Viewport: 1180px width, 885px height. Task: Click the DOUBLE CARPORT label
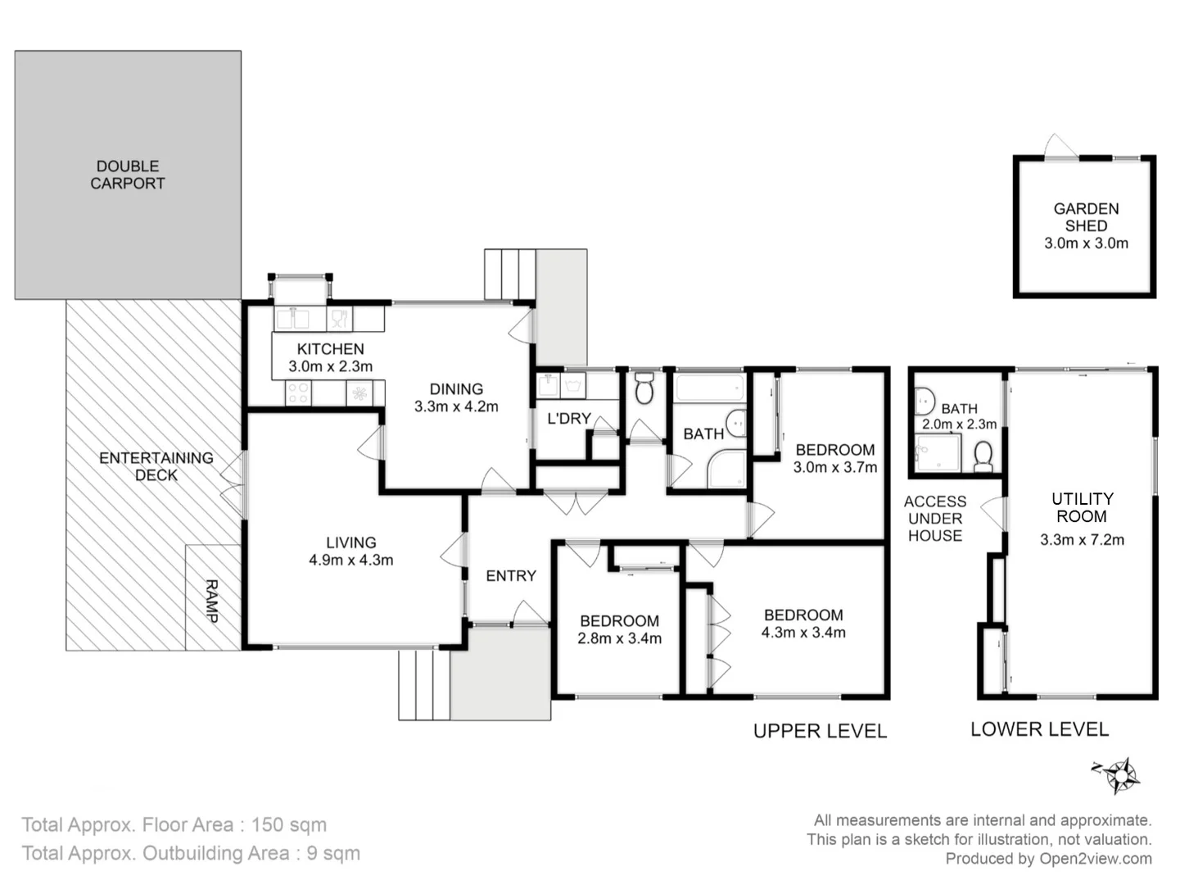coord(127,175)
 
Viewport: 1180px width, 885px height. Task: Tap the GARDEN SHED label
coord(1086,217)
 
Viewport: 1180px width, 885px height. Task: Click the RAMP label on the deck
coord(211,601)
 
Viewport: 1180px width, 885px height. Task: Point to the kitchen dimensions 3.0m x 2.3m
coord(330,366)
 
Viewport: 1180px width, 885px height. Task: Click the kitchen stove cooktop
coord(298,394)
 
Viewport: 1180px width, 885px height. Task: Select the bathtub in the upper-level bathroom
coord(709,387)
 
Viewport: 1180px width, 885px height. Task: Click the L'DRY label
coord(568,418)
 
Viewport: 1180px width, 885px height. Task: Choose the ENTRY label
coord(511,576)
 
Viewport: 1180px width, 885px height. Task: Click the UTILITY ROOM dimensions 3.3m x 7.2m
coord(1082,539)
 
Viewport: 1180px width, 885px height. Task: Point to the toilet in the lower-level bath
coord(983,456)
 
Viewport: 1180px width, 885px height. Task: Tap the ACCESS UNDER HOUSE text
coord(934,519)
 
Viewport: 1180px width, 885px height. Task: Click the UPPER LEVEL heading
coord(820,731)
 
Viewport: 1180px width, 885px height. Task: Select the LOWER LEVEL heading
coord(1039,729)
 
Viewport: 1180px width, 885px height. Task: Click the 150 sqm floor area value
coord(288,824)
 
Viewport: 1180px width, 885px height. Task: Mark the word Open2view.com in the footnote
coord(1095,859)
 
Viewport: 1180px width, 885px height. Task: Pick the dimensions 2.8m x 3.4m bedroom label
coord(619,638)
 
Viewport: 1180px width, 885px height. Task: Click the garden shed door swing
coord(1061,146)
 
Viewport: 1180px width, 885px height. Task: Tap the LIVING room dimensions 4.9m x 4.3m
coord(350,560)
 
